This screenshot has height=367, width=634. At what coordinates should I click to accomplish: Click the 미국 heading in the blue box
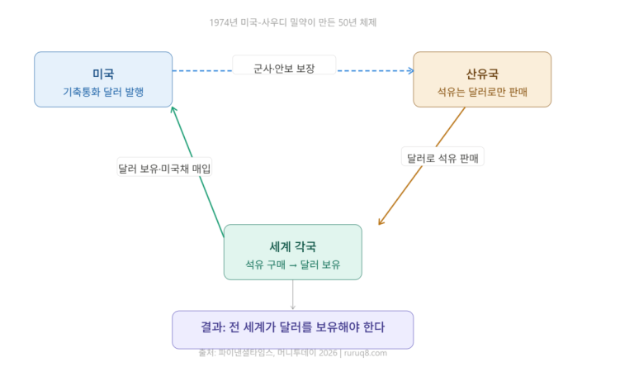(103, 74)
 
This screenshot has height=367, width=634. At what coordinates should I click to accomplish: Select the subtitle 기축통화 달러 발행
(103, 92)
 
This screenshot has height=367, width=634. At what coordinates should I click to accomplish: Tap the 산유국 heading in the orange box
(482, 74)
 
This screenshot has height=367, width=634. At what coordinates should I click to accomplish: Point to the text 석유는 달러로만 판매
(482, 92)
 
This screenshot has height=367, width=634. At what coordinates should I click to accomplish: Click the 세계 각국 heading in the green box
(292, 246)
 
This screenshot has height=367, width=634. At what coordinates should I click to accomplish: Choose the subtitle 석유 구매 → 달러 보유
(292, 265)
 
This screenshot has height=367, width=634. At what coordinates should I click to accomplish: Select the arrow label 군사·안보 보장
(284, 65)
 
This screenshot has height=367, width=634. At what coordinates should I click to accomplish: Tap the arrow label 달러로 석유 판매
(442, 157)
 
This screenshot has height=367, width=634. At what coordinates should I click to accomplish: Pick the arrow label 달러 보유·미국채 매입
(165, 168)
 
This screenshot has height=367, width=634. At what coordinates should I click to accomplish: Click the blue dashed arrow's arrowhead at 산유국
(409, 71)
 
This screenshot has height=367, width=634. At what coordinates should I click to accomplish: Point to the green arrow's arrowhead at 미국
(173, 110)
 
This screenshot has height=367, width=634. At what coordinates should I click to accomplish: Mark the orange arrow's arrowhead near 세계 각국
(380, 222)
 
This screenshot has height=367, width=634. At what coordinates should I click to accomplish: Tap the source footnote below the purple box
(293, 354)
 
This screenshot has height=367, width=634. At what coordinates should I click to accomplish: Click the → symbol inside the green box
(292, 265)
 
